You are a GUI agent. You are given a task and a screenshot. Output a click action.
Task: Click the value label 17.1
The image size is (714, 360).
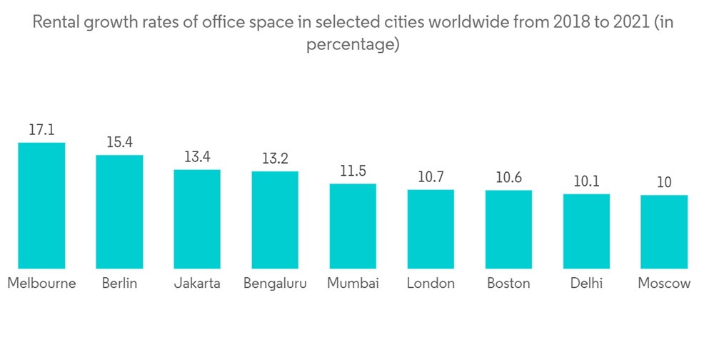(41, 130)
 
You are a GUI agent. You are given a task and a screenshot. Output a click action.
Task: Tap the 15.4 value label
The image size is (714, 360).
(119, 142)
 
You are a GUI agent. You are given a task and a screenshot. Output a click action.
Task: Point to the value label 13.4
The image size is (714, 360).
(197, 156)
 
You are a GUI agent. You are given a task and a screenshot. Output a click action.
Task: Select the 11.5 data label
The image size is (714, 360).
(353, 171)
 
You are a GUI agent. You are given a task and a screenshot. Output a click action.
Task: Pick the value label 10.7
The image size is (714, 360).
(431, 177)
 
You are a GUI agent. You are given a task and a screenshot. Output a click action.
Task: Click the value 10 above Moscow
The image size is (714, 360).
(664, 182)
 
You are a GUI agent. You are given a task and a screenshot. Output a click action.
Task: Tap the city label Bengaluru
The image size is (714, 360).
(275, 284)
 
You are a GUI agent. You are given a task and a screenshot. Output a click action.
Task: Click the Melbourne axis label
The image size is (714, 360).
(41, 284)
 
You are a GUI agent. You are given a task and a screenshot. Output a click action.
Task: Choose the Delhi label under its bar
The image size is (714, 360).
(586, 284)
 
